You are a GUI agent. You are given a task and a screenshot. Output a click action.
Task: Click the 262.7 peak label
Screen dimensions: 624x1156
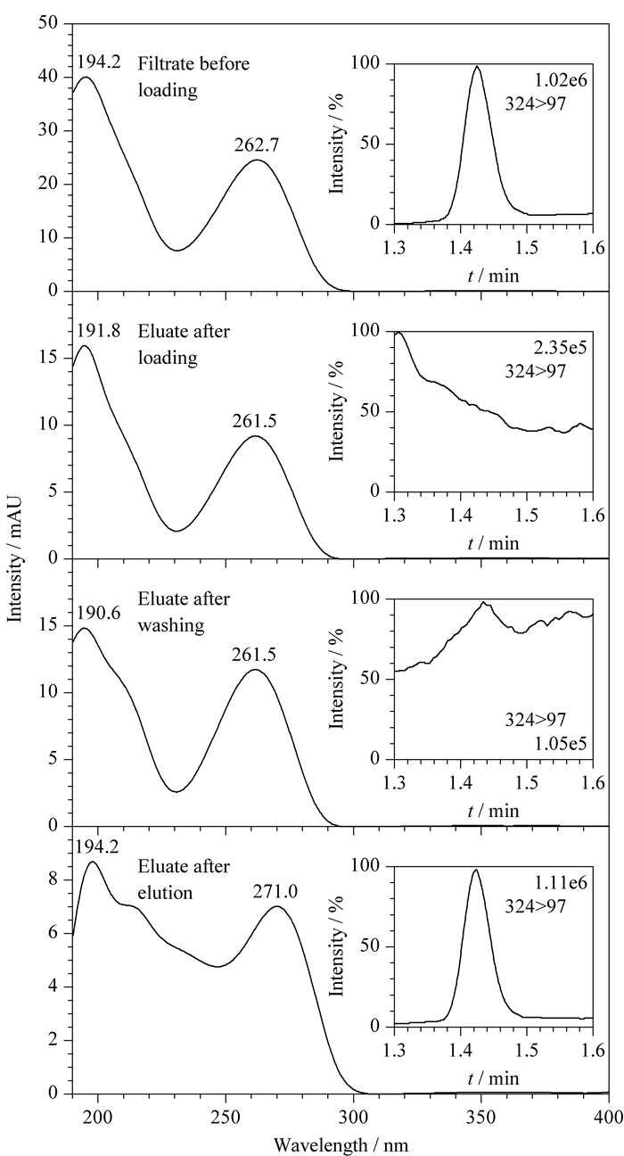coord(257,145)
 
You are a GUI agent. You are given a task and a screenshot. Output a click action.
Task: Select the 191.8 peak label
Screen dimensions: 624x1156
coord(98,331)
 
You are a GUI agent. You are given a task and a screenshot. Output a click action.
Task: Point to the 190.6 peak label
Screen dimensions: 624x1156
coord(98,613)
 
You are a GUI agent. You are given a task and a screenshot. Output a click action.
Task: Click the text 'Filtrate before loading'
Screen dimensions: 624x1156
coord(193,77)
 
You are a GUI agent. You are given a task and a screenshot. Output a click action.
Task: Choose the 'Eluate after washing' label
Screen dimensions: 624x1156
coord(184,612)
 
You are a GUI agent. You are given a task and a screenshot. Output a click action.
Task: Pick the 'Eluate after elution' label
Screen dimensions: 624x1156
coord(184,879)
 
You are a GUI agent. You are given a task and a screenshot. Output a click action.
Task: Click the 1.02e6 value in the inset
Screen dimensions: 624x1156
coord(561,80)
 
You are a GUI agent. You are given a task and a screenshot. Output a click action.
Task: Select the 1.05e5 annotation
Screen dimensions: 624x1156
coord(561,743)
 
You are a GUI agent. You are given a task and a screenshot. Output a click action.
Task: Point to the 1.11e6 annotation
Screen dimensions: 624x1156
coord(561,882)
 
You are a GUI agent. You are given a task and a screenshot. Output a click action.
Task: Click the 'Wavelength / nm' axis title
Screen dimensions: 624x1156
coord(341,1145)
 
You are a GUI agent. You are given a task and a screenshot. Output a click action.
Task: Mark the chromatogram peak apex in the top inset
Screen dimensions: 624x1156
coord(477,66)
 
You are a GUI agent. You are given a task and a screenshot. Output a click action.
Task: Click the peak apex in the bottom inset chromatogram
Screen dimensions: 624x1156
coord(475,870)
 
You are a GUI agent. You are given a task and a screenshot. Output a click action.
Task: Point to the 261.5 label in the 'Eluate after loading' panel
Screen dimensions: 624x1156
coord(255,421)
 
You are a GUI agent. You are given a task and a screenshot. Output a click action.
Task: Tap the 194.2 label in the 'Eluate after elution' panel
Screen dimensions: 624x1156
coord(96,846)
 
